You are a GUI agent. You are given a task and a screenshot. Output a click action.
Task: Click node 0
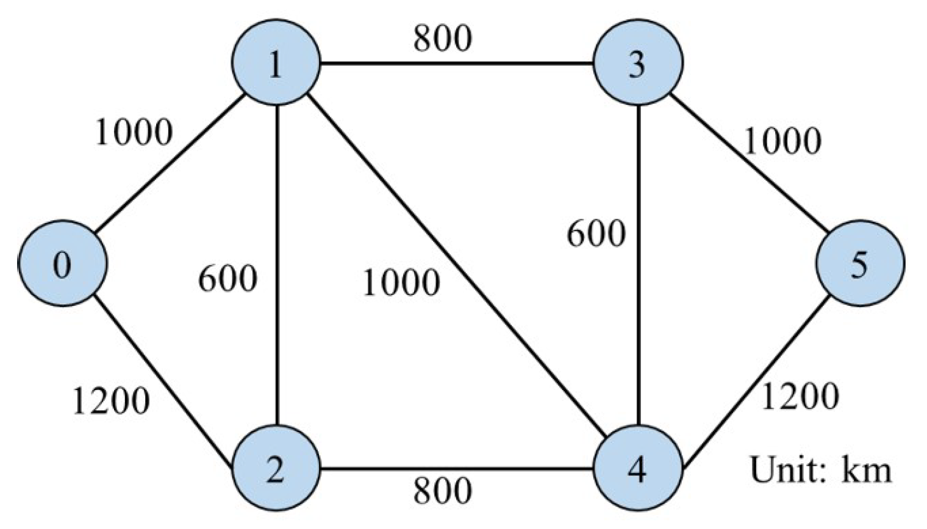point(62,264)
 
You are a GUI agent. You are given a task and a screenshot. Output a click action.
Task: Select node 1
point(276,63)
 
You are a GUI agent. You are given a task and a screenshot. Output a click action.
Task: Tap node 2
point(276,469)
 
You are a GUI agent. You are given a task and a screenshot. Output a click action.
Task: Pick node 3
point(638,63)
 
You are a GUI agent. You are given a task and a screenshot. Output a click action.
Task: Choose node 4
point(638,469)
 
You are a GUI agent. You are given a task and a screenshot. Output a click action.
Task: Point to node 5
point(860,264)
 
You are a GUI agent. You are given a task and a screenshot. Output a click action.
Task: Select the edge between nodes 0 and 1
point(169,163)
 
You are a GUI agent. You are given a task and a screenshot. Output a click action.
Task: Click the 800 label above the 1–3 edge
point(442,38)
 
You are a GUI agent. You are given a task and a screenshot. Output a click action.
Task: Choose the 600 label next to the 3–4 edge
point(596,233)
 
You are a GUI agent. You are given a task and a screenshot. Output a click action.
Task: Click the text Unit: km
point(820,470)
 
